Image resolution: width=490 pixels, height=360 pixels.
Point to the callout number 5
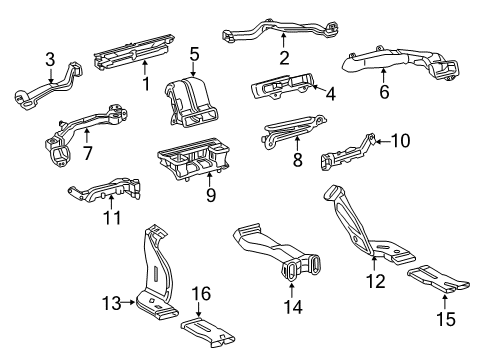pyautogui.click(x=195, y=53)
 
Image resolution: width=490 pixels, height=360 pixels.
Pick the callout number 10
pyautogui.click(x=399, y=141)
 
